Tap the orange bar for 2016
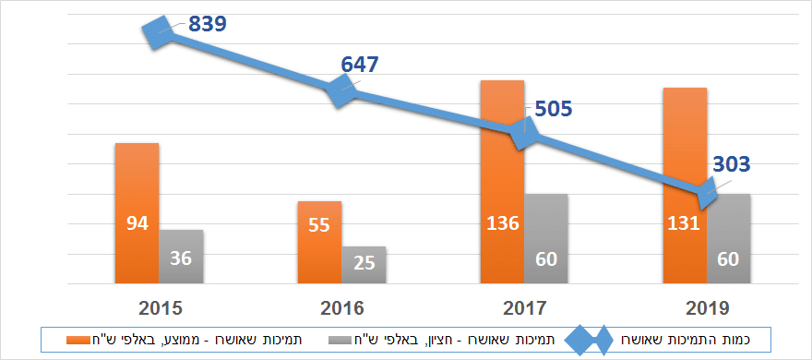(x=319, y=242)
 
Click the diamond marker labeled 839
(x=159, y=31)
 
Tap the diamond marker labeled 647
(x=341, y=90)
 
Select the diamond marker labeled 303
(x=707, y=194)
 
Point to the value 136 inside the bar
(x=502, y=223)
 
